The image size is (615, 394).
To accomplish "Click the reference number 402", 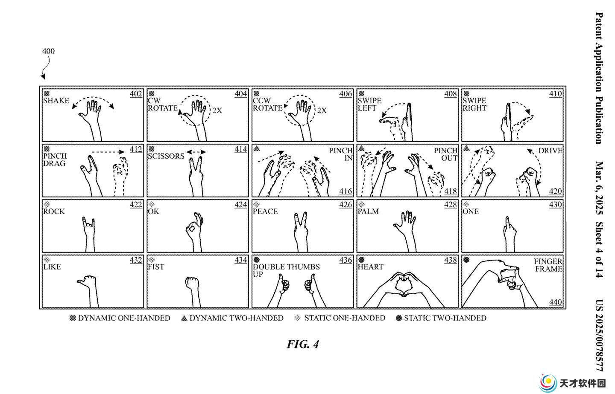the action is coord(136,94).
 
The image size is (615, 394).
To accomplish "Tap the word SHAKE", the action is coord(56,101).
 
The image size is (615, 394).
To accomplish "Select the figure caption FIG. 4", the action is coord(303,345).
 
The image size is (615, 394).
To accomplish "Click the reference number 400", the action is coord(48,51).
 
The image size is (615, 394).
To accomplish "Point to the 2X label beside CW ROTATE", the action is coord(217,110).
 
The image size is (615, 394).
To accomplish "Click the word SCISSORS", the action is coord(166,156).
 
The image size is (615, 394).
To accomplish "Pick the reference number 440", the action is coord(555,302).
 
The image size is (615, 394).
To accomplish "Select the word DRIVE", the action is coord(550,151).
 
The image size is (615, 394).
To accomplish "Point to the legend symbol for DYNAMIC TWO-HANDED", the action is coord(184,318).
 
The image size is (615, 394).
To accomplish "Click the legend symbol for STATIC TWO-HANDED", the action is coord(399,318).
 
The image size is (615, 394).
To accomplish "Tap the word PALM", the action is coord(368,211).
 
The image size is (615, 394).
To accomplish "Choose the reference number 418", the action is coord(451,191).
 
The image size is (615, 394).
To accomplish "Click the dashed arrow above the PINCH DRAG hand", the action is coord(108,152).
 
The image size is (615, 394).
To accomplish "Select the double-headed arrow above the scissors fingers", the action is coord(196,152).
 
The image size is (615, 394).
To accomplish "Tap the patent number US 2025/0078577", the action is coord(600,335).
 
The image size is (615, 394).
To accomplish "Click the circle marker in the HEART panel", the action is coord(361,260).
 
